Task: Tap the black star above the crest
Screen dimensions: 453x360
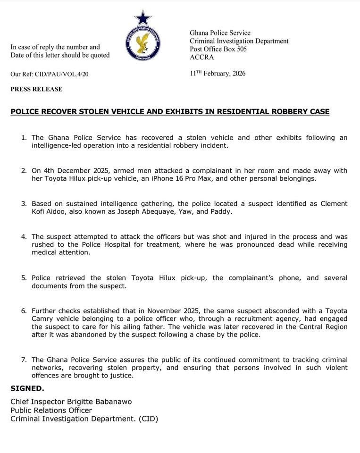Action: click(x=142, y=18)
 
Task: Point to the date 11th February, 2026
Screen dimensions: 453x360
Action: click(x=218, y=74)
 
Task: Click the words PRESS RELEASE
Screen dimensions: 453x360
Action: click(x=36, y=89)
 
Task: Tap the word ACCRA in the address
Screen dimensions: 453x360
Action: click(x=201, y=58)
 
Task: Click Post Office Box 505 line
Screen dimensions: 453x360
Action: click(x=218, y=49)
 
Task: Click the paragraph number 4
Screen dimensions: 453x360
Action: click(x=24, y=236)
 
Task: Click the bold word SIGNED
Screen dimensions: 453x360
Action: click(x=27, y=388)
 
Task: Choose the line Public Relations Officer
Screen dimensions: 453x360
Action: click(x=51, y=410)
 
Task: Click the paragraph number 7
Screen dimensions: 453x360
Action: click(x=24, y=360)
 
